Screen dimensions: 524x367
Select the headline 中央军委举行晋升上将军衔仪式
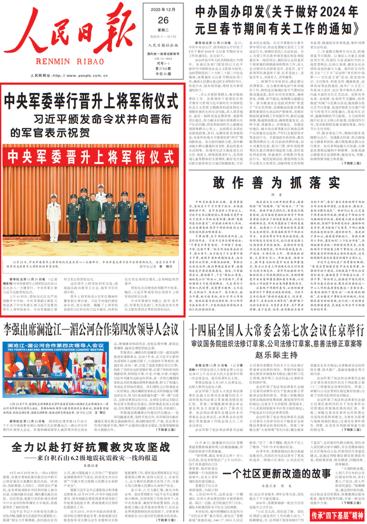(x=91, y=99)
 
